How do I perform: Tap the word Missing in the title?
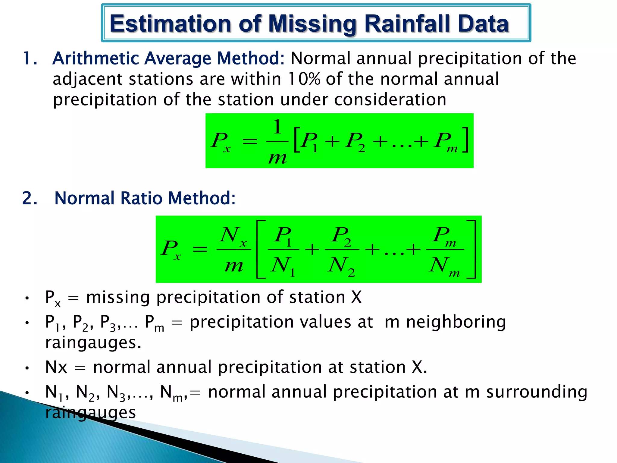pos(312,24)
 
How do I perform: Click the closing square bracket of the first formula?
pos(465,140)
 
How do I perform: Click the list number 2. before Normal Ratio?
pos(30,198)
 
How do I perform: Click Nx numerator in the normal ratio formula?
pos(233,235)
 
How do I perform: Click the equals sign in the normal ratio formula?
pos(200,249)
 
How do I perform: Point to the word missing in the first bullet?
pos(118,297)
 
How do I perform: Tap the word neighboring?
pos(456,322)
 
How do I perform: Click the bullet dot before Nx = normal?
pos(27,368)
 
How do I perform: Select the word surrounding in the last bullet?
pos(537,392)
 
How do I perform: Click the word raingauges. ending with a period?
pos(93,343)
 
